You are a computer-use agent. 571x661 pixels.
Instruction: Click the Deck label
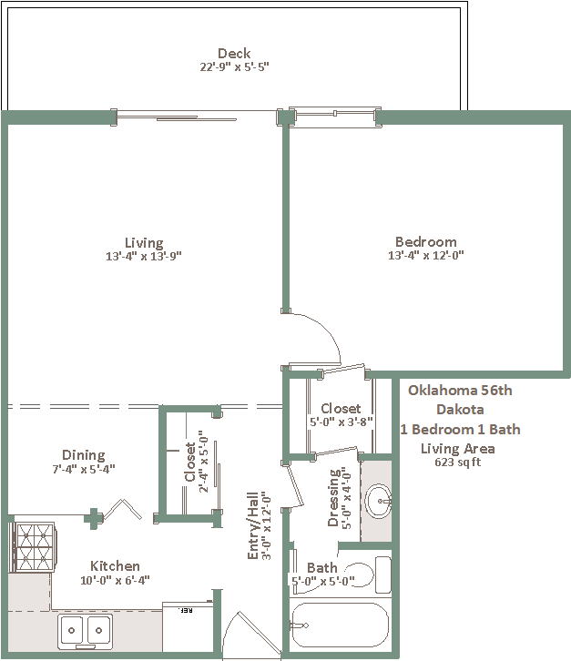[x=234, y=54]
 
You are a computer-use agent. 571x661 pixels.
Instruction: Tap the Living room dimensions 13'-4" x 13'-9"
[x=143, y=256]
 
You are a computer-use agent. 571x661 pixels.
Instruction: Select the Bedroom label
[x=426, y=241]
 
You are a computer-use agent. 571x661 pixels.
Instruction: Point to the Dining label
[x=84, y=455]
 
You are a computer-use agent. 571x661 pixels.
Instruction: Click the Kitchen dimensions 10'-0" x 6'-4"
[x=115, y=581]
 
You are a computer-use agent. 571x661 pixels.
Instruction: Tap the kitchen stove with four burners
[x=35, y=547]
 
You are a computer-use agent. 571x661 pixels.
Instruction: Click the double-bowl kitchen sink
[x=86, y=631]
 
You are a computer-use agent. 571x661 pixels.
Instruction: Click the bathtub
[x=340, y=625]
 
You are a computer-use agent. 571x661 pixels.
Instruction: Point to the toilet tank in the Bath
[x=382, y=575]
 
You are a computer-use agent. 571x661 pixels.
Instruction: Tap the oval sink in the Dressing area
[x=378, y=501]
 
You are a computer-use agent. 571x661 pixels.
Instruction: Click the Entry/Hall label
[x=252, y=525]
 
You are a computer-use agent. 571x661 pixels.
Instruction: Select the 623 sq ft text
[x=457, y=463]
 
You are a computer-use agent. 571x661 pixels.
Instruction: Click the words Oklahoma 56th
[x=460, y=391]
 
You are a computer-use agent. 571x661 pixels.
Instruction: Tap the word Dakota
[x=460, y=410]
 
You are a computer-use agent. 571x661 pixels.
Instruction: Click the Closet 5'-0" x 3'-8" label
[x=341, y=415]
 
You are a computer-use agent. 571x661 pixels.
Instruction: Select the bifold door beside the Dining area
[x=123, y=510]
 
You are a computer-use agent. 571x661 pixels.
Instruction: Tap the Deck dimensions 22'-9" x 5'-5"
[x=234, y=67]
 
